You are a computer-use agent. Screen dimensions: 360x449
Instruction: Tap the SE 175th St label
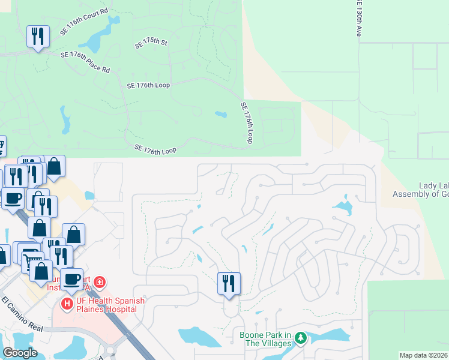pyautogui.click(x=151, y=43)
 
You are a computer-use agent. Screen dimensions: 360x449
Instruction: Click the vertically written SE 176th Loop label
pyautogui.click(x=247, y=122)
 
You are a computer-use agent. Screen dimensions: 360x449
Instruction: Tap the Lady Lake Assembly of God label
pyautogui.click(x=420, y=190)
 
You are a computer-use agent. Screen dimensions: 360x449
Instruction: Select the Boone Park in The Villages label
pyautogui.click(x=265, y=339)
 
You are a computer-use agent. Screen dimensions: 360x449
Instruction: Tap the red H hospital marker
pyautogui.click(x=67, y=304)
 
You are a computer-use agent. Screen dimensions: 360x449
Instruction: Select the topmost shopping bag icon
pyautogui.click(x=54, y=167)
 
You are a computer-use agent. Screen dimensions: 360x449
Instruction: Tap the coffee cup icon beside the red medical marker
pyautogui.click(x=72, y=278)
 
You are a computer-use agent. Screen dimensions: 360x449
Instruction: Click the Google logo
pyautogui.click(x=20, y=353)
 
